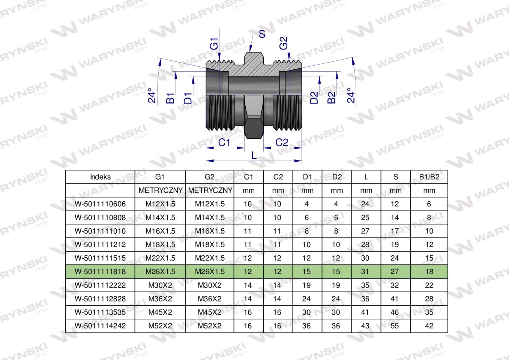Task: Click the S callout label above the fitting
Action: (x=262, y=34)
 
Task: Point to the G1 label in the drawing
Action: (x=214, y=44)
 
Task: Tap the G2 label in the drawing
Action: (x=284, y=43)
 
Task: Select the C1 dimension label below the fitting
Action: (x=224, y=142)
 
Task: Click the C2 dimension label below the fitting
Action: (x=282, y=142)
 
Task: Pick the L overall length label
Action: (x=254, y=156)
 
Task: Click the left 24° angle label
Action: (x=152, y=95)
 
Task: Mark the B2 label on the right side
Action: (x=331, y=97)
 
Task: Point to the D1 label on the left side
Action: (x=188, y=98)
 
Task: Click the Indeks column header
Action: (x=100, y=177)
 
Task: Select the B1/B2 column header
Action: (x=429, y=177)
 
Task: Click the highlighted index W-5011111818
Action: (x=100, y=271)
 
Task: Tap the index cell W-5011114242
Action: (x=100, y=326)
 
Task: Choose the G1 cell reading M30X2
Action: (x=160, y=285)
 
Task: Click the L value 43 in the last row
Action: (x=365, y=326)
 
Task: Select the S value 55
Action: (x=395, y=326)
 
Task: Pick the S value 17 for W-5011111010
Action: (x=395, y=231)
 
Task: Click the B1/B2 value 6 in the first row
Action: (x=429, y=204)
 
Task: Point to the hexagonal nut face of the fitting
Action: (x=254, y=127)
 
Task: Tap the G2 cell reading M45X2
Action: (x=210, y=312)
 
